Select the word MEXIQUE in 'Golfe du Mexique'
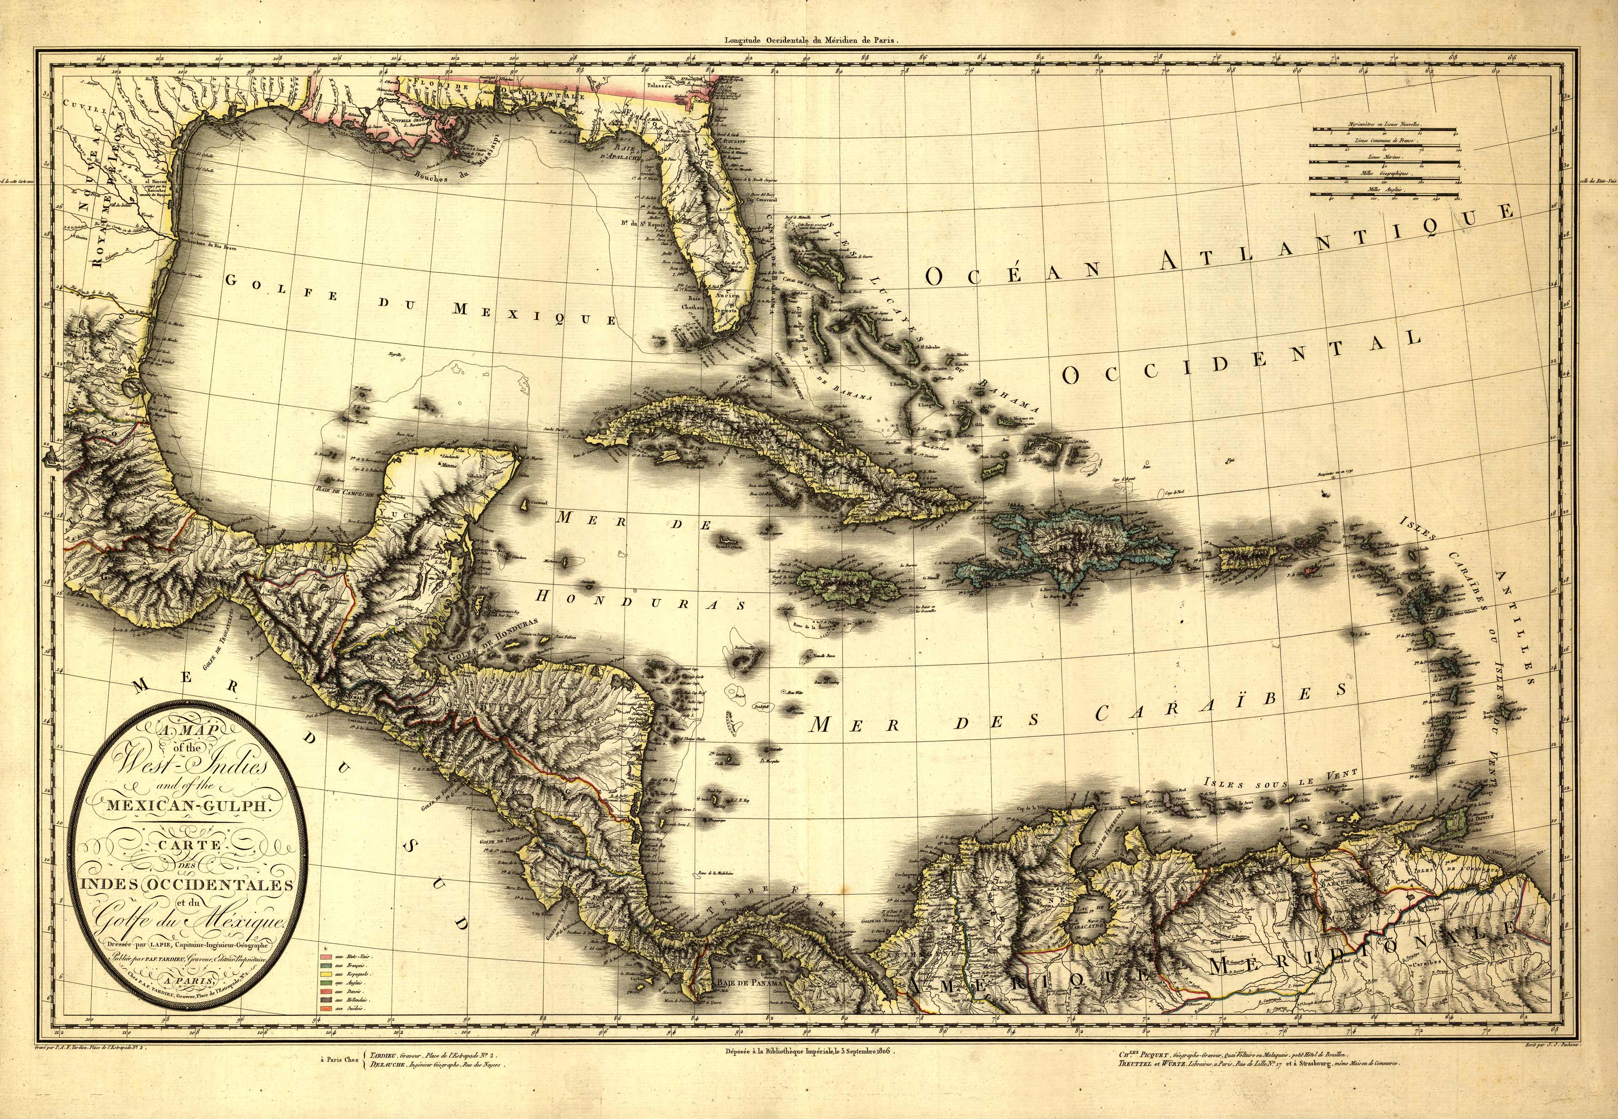click(x=533, y=313)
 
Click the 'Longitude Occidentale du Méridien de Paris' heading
click(x=811, y=41)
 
